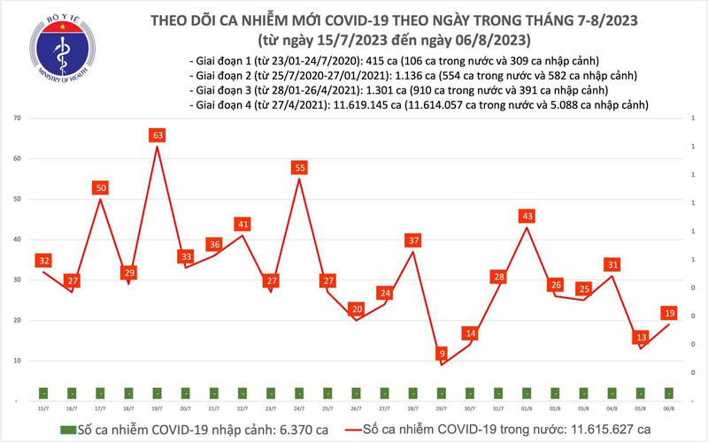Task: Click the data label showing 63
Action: tap(157, 135)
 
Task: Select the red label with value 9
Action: tap(442, 354)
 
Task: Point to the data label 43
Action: tap(526, 216)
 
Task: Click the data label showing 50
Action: tap(100, 187)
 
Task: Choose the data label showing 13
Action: tap(640, 337)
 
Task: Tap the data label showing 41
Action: tap(242, 224)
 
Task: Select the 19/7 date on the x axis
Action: tap(157, 408)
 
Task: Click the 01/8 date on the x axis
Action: tap(526, 408)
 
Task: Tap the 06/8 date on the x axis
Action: tap(668, 408)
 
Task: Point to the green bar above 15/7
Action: tap(42, 392)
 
